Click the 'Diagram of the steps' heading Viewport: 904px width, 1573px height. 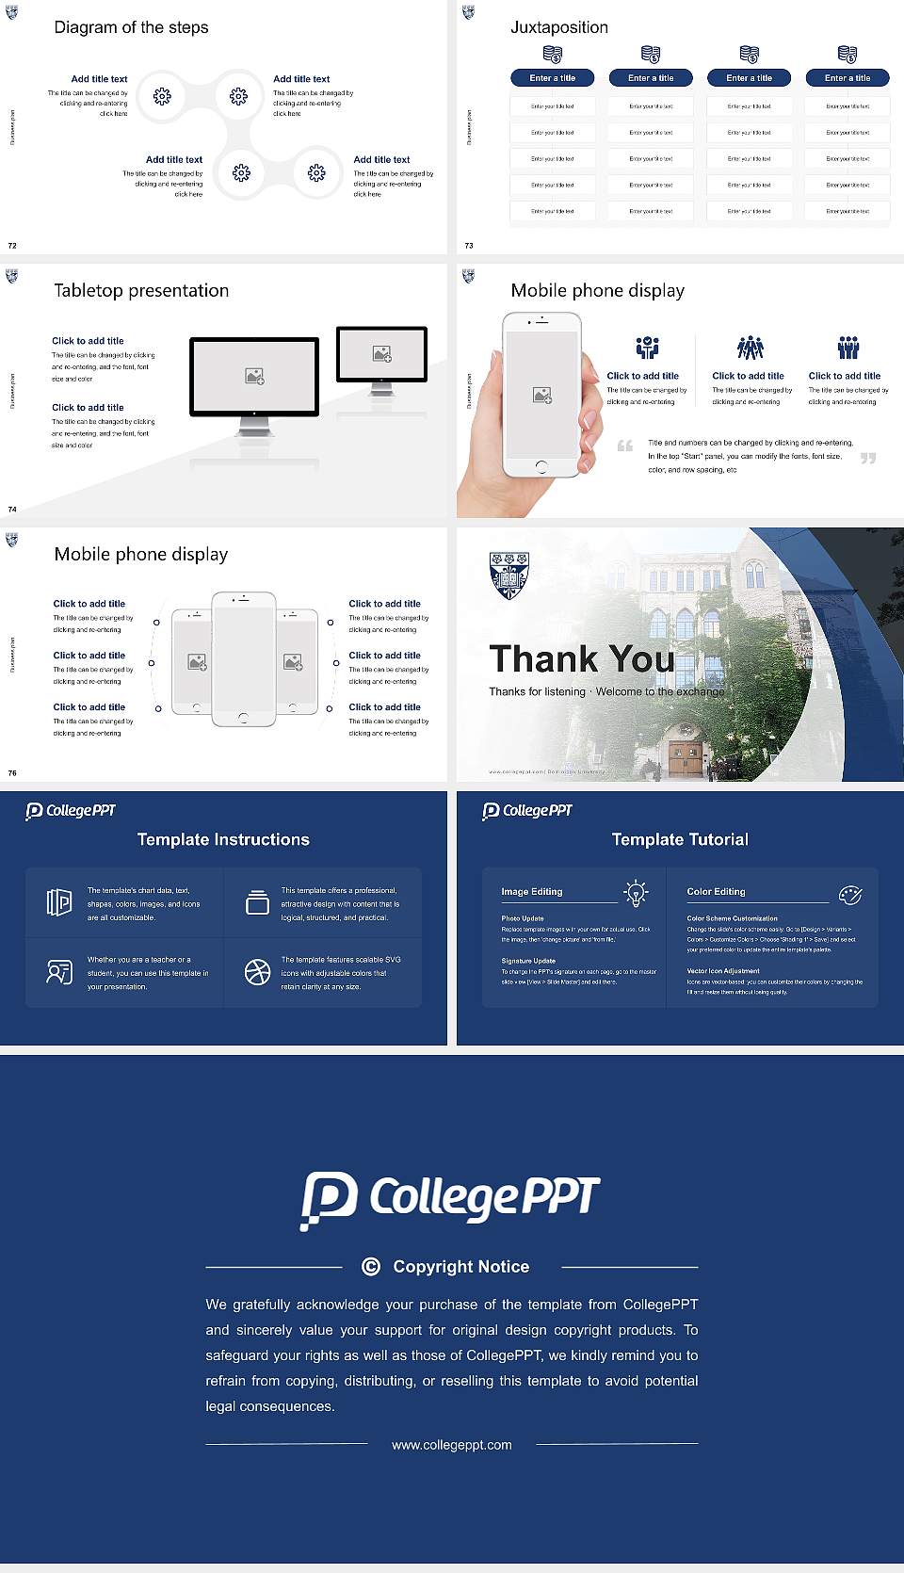coord(131,27)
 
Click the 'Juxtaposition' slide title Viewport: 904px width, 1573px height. coord(558,27)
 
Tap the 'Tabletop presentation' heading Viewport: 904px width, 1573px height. coord(141,290)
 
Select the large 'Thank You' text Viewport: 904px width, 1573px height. coord(581,658)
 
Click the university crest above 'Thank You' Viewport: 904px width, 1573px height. coord(508,576)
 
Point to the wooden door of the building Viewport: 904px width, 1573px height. coord(686,757)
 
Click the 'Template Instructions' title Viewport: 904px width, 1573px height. coord(223,839)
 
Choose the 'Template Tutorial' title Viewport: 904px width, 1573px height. coord(680,839)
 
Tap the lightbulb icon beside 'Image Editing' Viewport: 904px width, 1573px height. coord(636,893)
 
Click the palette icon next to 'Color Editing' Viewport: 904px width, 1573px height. coord(850,894)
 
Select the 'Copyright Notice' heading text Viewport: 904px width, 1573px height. coord(460,1267)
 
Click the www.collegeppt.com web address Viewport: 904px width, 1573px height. coord(452,1445)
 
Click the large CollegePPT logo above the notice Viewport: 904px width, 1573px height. coord(450,1199)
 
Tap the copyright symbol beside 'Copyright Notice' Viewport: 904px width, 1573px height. coord(371,1267)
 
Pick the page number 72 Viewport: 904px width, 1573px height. coord(12,246)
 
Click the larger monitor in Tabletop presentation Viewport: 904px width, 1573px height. coord(254,377)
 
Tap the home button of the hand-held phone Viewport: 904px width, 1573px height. coord(541,467)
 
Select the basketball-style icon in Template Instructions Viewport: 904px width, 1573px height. coord(257,972)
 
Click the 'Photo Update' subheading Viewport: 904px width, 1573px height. coord(523,918)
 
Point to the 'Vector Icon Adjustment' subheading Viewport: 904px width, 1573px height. coord(723,970)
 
